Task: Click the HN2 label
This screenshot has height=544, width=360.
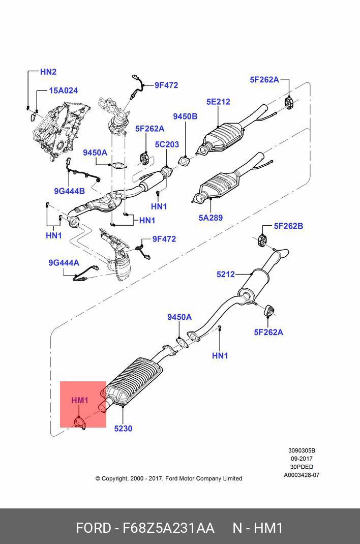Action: click(x=48, y=72)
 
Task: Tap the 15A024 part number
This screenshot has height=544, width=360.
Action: click(x=63, y=90)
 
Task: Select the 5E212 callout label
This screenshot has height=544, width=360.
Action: click(x=218, y=102)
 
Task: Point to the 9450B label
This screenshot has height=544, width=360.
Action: click(x=185, y=116)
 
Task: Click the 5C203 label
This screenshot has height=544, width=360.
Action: click(x=167, y=144)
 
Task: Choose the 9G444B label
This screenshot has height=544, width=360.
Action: click(x=69, y=191)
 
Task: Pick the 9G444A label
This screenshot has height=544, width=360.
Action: click(x=64, y=263)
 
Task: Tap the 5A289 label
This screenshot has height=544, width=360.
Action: click(x=211, y=218)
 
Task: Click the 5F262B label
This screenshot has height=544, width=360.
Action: click(x=288, y=226)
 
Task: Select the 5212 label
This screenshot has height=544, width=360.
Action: click(x=226, y=274)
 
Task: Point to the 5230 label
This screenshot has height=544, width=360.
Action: click(x=123, y=429)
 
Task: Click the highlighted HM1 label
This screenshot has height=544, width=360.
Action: click(x=80, y=400)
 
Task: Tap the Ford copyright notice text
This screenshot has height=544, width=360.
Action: click(x=168, y=478)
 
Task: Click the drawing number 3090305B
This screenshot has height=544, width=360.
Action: click(x=302, y=450)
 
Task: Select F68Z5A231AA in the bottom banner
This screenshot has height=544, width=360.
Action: click(x=168, y=528)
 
